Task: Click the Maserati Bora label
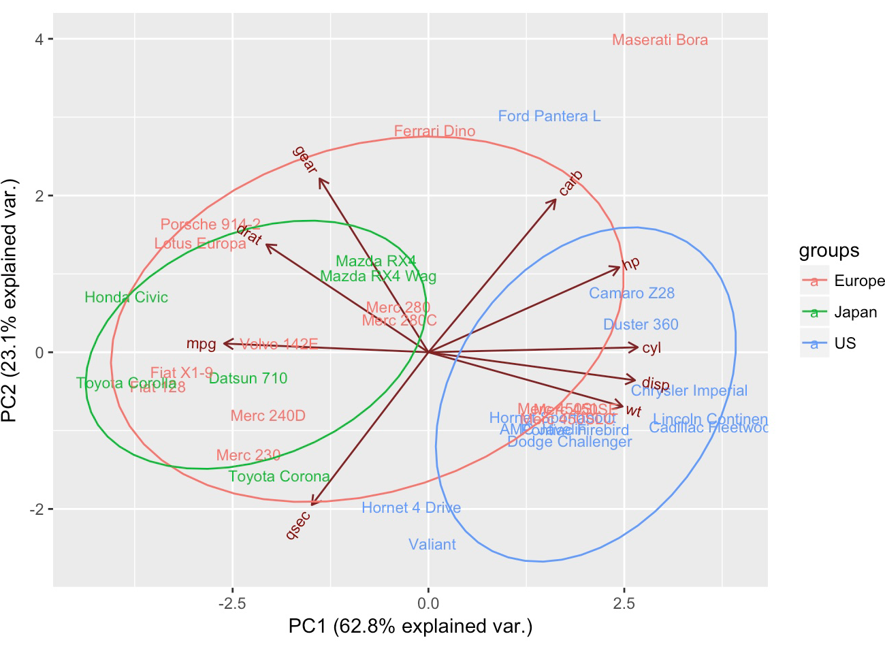[x=660, y=40]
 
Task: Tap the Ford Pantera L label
[x=549, y=116]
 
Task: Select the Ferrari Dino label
[x=434, y=131]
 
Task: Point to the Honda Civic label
[x=126, y=298]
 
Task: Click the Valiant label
[x=432, y=545]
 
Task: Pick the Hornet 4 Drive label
[x=411, y=508]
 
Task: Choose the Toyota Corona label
[x=279, y=477]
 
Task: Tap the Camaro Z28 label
[x=632, y=294]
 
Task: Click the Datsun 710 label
[x=248, y=379]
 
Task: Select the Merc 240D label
[x=268, y=416]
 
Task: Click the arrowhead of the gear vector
[x=320, y=179]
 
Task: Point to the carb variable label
[x=570, y=183]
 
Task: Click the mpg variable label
[x=201, y=344]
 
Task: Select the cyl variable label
[x=651, y=349]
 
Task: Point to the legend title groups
[x=829, y=251]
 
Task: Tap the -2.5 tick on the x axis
[x=232, y=603]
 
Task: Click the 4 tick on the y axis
[x=39, y=39]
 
